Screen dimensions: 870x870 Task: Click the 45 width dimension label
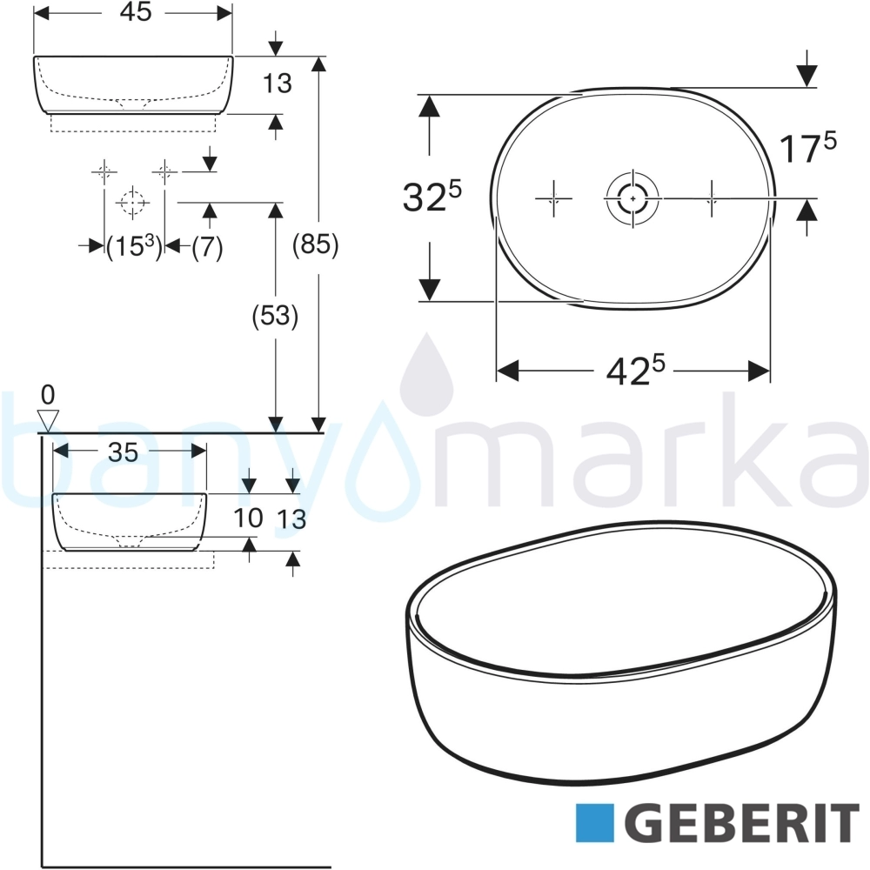[x=136, y=12]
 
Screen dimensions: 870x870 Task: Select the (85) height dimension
[x=315, y=244]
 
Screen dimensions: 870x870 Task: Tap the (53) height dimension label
[x=275, y=317]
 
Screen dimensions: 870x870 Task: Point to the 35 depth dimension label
[x=123, y=452]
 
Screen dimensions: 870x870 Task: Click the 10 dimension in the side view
[x=247, y=519]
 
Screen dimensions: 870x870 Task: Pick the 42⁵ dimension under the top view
[x=635, y=370]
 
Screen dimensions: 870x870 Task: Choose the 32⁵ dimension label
[x=432, y=197]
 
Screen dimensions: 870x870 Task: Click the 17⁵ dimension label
[x=808, y=148]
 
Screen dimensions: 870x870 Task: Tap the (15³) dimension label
[x=134, y=246]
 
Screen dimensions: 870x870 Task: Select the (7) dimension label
[x=208, y=246]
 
